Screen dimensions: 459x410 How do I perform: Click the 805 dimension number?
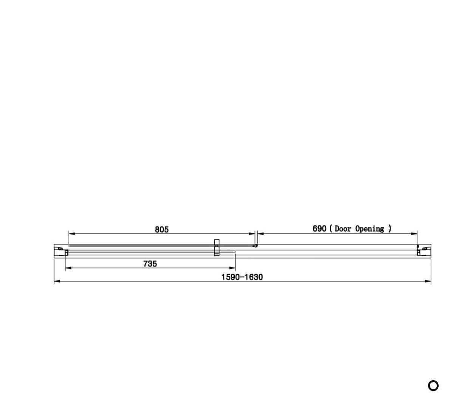click(x=161, y=230)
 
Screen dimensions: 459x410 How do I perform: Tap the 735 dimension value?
click(x=150, y=264)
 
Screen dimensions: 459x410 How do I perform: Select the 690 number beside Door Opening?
click(x=319, y=229)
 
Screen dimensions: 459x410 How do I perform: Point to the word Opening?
click(x=369, y=229)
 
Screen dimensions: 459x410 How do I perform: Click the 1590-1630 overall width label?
click(x=242, y=277)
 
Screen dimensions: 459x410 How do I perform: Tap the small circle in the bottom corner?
click(x=433, y=385)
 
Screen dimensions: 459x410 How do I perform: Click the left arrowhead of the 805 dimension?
click(x=72, y=234)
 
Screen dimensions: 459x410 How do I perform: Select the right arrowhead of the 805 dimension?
click(x=252, y=234)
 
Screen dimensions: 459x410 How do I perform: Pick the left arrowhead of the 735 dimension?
click(x=68, y=268)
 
